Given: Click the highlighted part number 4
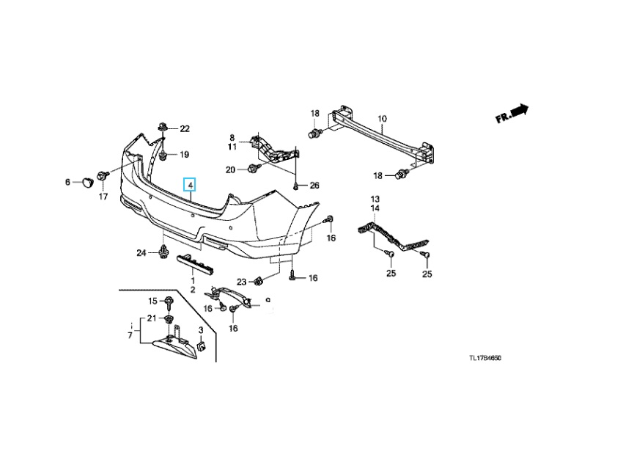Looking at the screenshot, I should click(x=190, y=186).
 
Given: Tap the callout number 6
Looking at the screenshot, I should click(x=68, y=181).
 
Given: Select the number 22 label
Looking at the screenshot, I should click(x=185, y=129).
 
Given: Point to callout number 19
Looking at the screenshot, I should click(x=184, y=155).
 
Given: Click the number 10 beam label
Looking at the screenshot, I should click(x=381, y=119).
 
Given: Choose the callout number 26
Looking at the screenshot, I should click(x=314, y=186).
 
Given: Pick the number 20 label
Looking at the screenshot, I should click(x=230, y=169).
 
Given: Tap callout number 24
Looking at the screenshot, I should click(x=141, y=254).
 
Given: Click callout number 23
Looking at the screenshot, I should click(x=241, y=282).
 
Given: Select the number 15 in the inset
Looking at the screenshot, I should click(x=152, y=301).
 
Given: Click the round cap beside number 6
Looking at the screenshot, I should click(x=86, y=180).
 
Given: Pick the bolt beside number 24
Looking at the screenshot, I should click(x=162, y=254).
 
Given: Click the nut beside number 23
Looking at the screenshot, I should click(x=259, y=280).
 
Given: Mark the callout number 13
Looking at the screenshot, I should click(x=374, y=200).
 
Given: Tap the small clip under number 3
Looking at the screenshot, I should click(x=202, y=345).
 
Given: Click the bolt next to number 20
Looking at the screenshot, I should click(x=253, y=169).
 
